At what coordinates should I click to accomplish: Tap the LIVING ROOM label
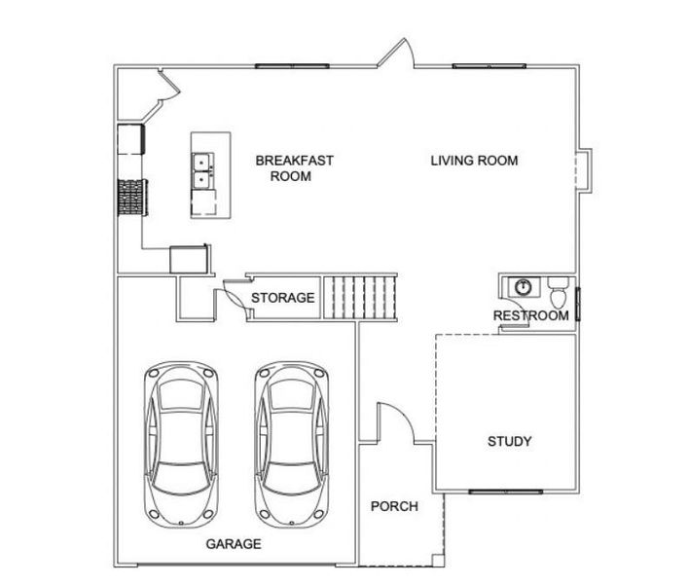[474, 161]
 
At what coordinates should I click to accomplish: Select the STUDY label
[509, 441]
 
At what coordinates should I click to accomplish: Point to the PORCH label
[394, 506]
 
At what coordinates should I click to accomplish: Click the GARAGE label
[234, 544]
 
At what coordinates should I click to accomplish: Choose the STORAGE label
[283, 298]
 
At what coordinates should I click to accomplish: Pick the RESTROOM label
[530, 315]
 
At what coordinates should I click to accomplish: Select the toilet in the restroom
[559, 291]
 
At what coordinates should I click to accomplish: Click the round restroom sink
[524, 287]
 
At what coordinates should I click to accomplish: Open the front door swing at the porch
[393, 423]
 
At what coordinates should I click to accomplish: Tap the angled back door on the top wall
[399, 55]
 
